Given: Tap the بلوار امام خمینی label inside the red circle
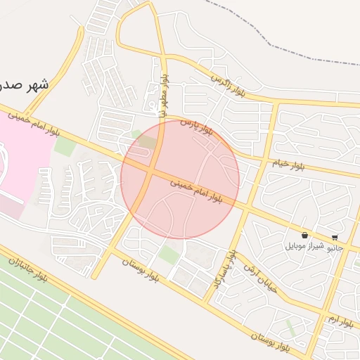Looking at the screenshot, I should (195, 191).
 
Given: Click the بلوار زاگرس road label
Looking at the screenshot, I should (231, 84).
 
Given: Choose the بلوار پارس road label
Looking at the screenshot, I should (198, 127).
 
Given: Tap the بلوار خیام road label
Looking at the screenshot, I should (288, 165).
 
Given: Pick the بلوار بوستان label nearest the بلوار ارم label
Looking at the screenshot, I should (271, 342).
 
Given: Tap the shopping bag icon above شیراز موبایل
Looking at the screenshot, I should (304, 236).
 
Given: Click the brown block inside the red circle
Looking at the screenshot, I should (148, 143).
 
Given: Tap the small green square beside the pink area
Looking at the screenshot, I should (64, 147).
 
